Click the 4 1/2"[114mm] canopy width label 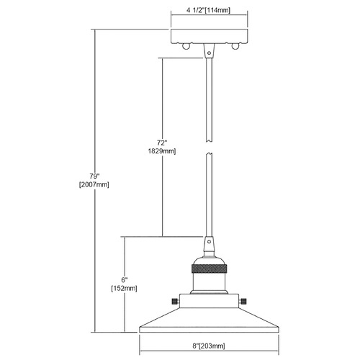click(x=208, y=10)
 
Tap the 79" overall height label click(x=94, y=176)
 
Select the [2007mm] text click(x=94, y=185)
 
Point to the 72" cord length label click(x=162, y=143)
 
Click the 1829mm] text click(x=162, y=151)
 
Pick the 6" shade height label click(x=125, y=280)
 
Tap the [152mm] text click(x=124, y=288)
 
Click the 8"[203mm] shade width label click(x=209, y=346)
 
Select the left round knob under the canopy click(x=186, y=46)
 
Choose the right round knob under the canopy click(x=235, y=46)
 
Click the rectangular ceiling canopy click(x=209, y=36)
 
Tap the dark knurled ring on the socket click(x=209, y=269)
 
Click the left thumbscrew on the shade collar click(x=175, y=301)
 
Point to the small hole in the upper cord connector click(x=209, y=53)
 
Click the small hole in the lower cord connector click(x=209, y=241)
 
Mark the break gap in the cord click(x=209, y=148)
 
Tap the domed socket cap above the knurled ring click(x=209, y=261)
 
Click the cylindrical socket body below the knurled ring click(x=209, y=282)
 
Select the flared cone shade click(x=209, y=320)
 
